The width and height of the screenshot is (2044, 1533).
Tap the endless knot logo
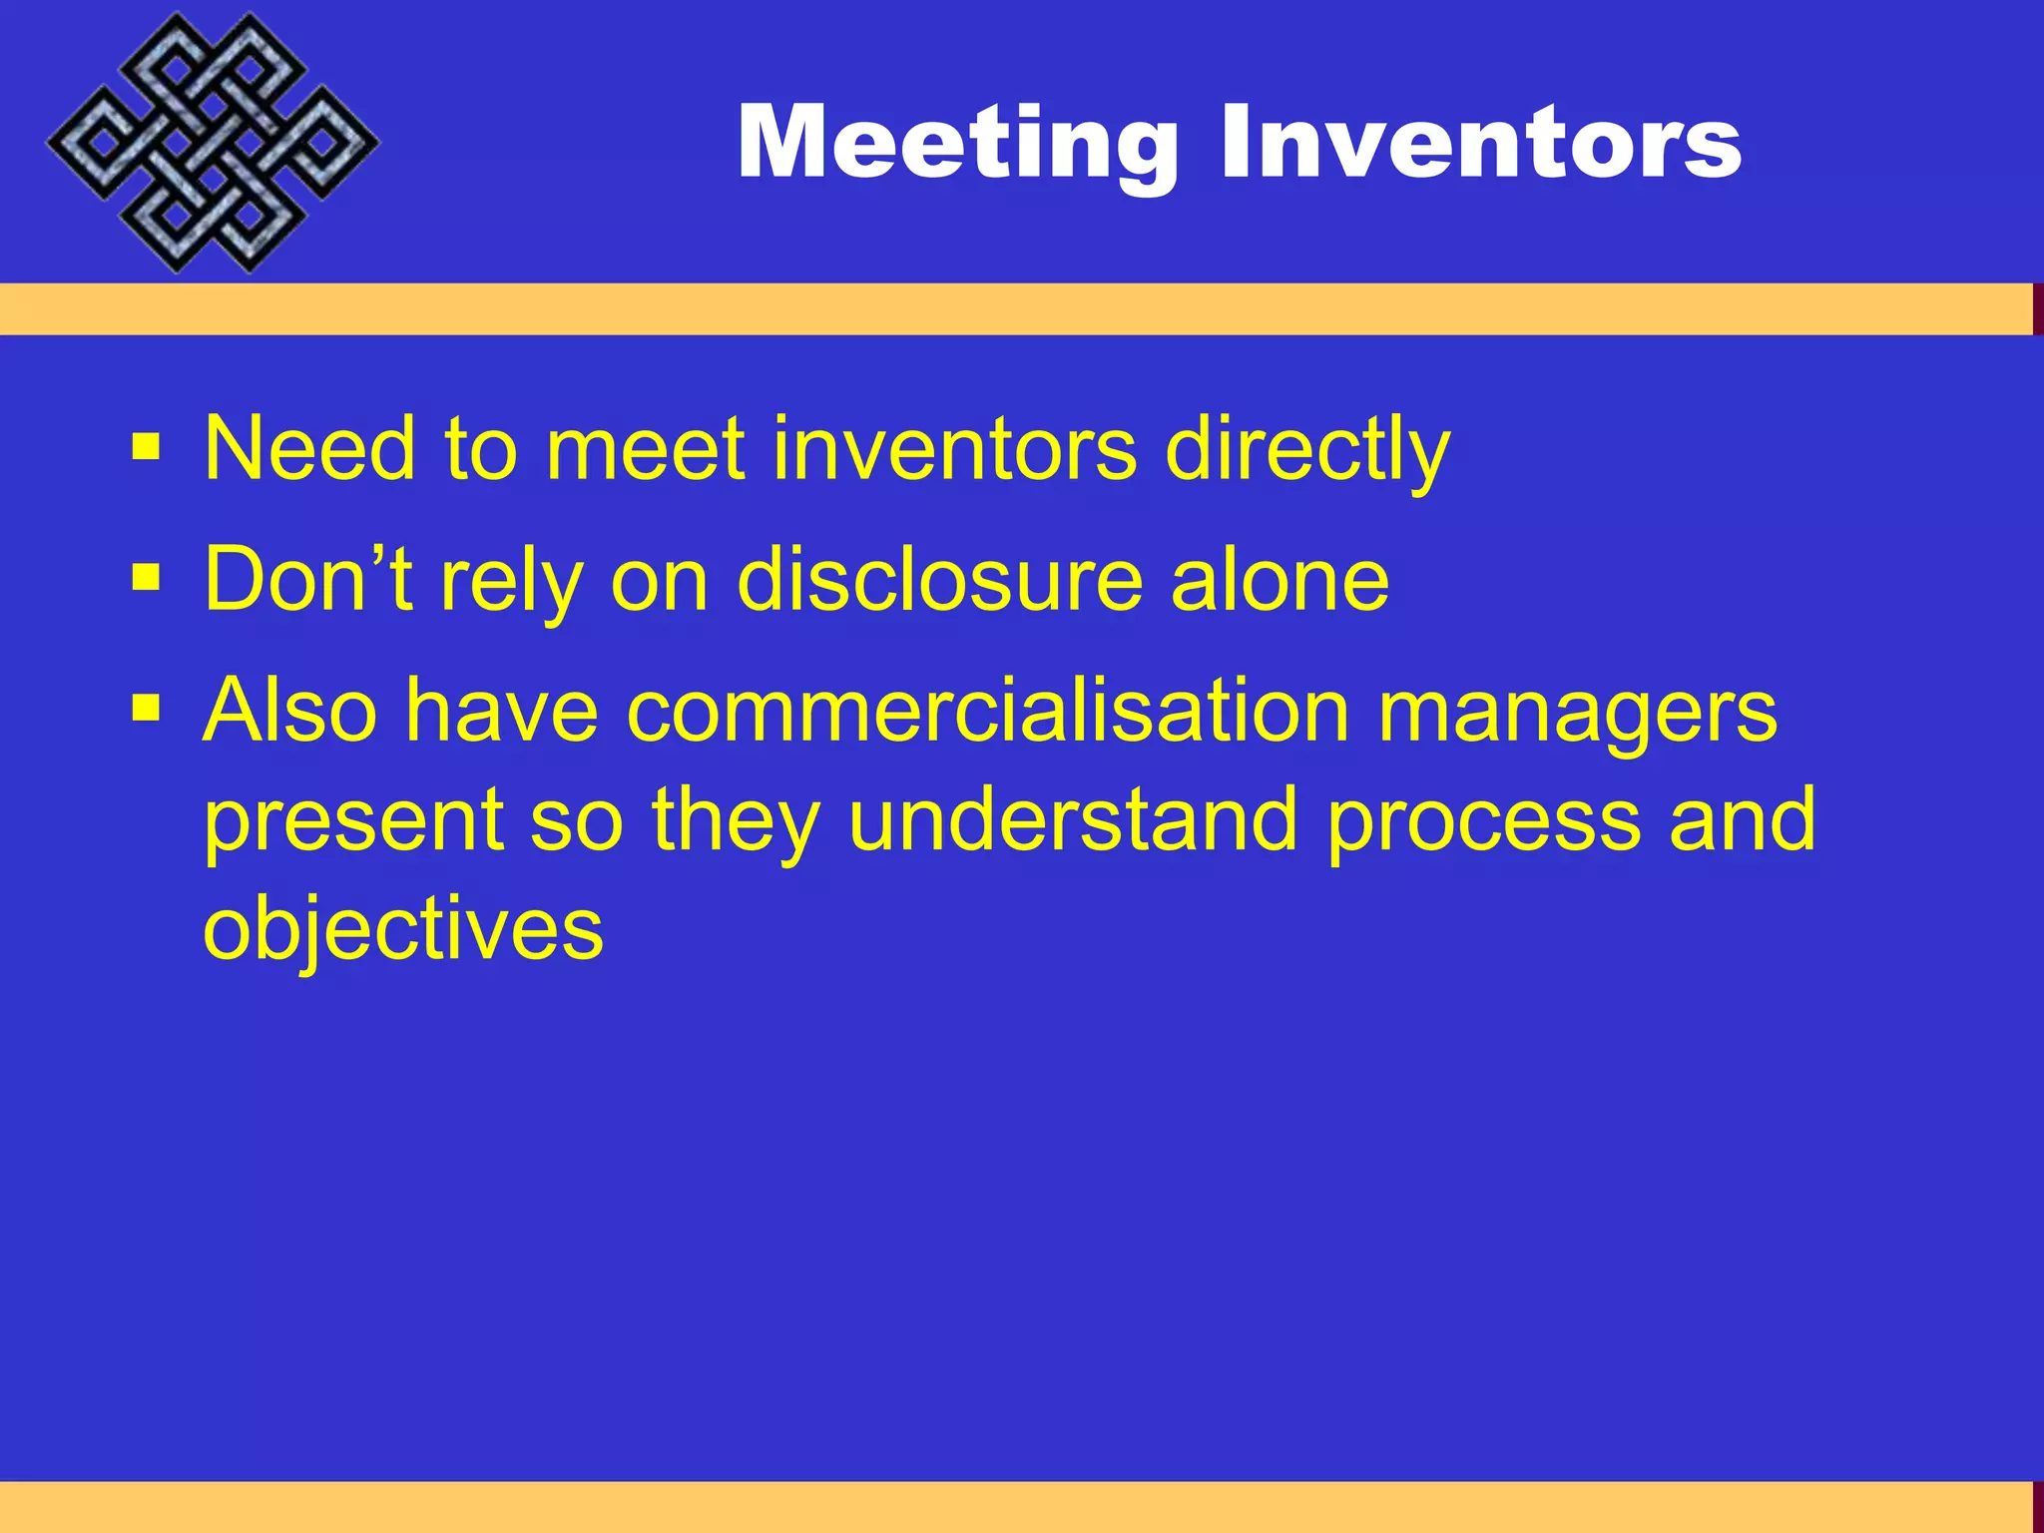point(212,143)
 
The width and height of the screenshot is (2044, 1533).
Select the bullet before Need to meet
point(146,448)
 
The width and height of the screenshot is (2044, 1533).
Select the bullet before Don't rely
point(146,578)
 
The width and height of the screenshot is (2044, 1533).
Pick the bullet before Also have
point(146,709)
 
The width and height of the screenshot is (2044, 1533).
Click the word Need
point(308,449)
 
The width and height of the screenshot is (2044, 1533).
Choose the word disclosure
point(938,579)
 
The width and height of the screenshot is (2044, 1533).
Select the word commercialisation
point(988,711)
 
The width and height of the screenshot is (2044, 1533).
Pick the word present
point(353,821)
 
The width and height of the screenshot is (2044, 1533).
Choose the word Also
point(289,710)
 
